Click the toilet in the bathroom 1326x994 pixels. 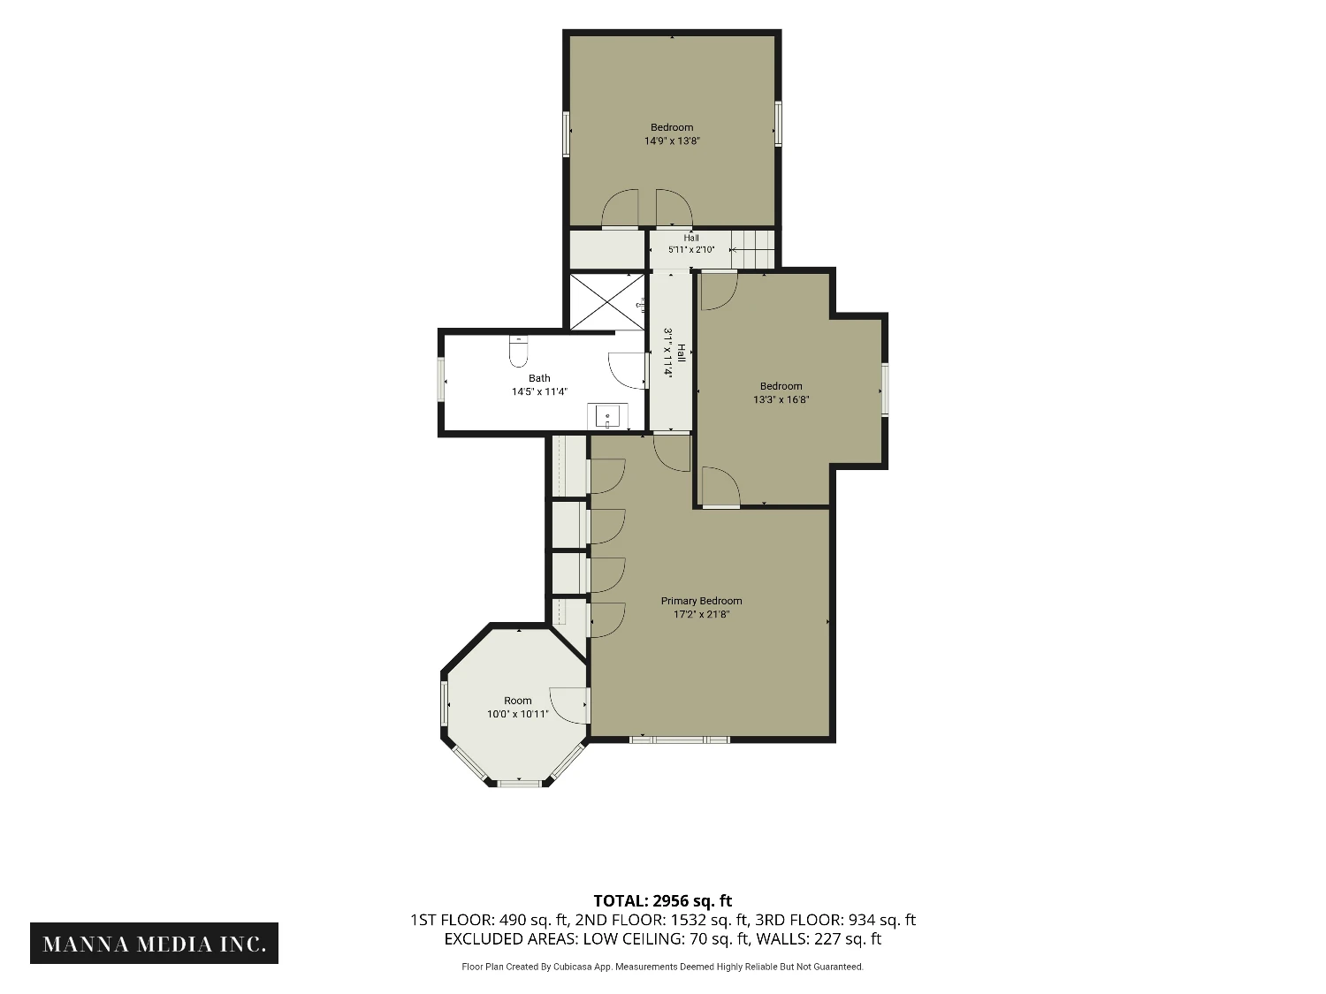[518, 352]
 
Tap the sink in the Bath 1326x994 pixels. [607, 416]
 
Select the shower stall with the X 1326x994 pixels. [607, 302]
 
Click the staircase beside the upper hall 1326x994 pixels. [752, 248]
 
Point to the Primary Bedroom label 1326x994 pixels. [701, 601]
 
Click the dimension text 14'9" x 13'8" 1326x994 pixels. [672, 140]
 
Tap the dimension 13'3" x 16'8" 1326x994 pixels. [781, 399]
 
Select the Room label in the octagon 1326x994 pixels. [518, 701]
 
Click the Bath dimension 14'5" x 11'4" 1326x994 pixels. [539, 391]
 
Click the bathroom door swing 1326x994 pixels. [627, 370]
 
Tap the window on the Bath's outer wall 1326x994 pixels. [441, 380]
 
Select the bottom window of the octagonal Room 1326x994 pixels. [519, 784]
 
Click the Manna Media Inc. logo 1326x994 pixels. [154, 944]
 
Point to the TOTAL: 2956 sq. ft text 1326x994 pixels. [663, 901]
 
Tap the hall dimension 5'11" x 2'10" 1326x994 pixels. [691, 249]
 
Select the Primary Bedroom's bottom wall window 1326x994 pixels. [680, 740]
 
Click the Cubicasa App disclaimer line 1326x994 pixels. [663, 967]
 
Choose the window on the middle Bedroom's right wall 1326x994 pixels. [885, 390]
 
